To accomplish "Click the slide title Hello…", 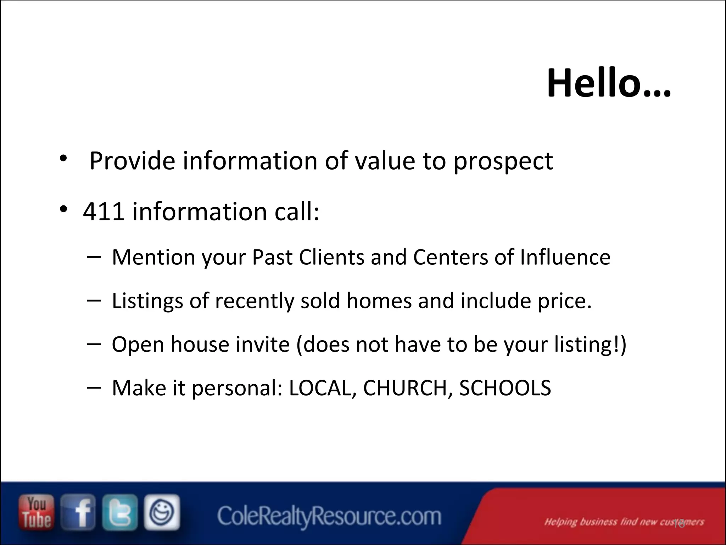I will click(608, 84).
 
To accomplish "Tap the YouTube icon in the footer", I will click(37, 512).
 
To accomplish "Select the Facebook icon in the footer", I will click(78, 512).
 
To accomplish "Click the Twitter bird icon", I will click(120, 512).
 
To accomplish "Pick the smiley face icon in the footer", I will click(162, 512).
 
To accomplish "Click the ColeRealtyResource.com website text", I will click(329, 516).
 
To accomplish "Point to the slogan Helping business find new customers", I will click(624, 522).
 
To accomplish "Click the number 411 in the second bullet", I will click(104, 212).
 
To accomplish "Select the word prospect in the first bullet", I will click(503, 161).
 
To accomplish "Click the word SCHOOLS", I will click(505, 388).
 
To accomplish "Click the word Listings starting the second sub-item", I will click(147, 301).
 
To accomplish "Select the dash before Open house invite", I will click(93, 343).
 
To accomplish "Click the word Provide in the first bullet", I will click(132, 161).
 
